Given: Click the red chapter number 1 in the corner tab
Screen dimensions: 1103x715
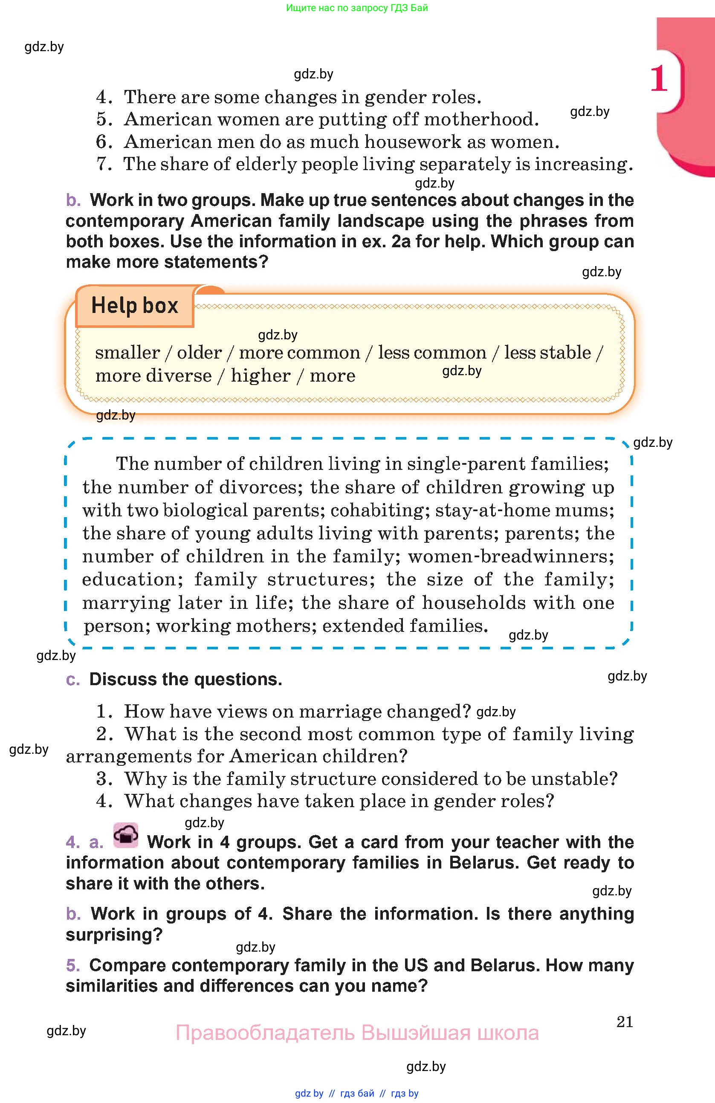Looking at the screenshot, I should (x=658, y=78).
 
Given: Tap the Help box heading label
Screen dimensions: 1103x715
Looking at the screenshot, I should (x=134, y=305).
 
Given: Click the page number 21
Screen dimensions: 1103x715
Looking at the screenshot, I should (x=625, y=1022).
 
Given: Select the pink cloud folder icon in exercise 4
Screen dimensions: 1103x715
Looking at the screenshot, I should (x=126, y=835).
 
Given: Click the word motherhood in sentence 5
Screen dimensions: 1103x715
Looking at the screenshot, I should (x=481, y=119).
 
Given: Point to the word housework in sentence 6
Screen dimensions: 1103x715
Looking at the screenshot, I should (x=413, y=142).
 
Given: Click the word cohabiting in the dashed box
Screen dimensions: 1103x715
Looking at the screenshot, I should (x=377, y=510).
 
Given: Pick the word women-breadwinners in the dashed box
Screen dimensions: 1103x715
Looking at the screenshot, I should (x=511, y=556).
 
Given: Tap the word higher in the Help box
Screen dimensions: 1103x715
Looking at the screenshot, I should (x=261, y=375).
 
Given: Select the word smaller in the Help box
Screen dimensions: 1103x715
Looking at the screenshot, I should (x=127, y=353).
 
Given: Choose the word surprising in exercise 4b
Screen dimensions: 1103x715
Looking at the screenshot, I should (x=113, y=934).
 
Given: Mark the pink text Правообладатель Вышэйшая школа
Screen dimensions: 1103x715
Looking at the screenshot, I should (x=357, y=1033).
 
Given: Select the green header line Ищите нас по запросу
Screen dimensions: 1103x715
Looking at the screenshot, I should (x=357, y=8).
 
